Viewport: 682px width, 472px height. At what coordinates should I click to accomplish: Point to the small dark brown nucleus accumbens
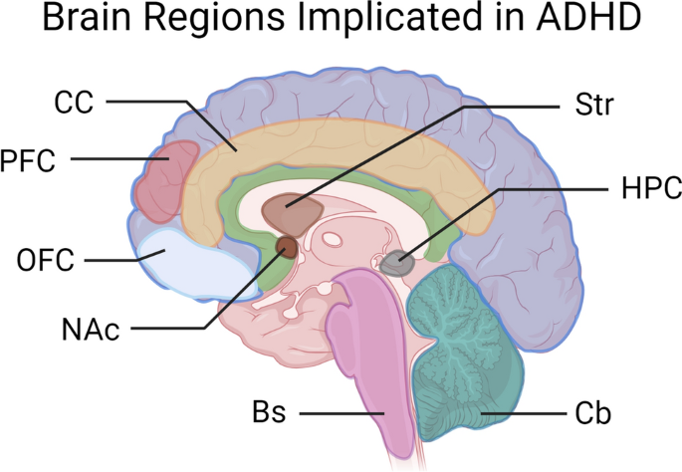(x=287, y=247)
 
